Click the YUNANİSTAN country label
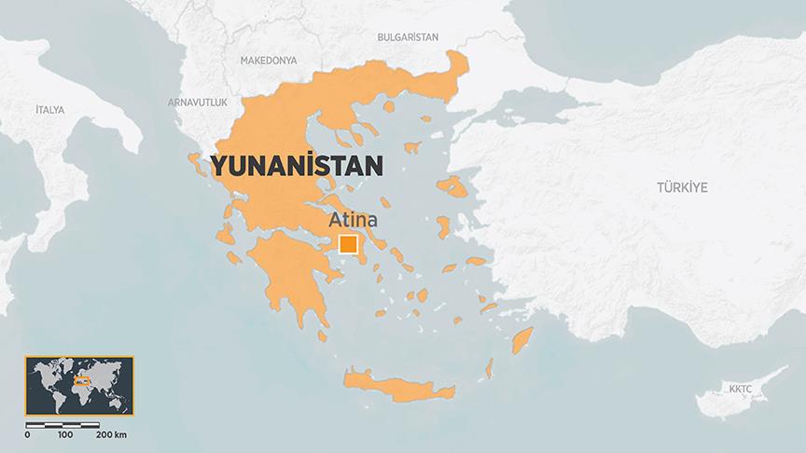[297, 167]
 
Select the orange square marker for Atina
[348, 245]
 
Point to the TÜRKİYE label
[682, 187]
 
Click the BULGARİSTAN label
[407, 36]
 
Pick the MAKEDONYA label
[269, 60]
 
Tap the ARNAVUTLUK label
[197, 101]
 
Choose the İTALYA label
[49, 110]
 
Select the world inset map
[79, 384]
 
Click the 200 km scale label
[112, 434]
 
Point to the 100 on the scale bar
[65, 434]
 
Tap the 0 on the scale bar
[27, 434]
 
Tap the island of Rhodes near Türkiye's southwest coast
[521, 340]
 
